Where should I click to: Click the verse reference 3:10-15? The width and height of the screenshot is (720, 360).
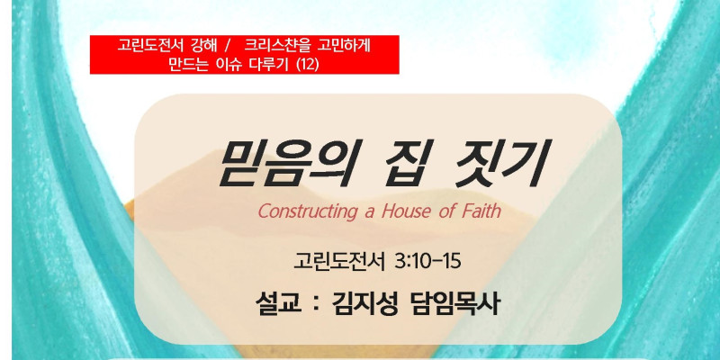(427, 262)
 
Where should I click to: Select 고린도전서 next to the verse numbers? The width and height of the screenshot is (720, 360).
(340, 262)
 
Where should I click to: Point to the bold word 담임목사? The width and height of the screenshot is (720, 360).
(454, 304)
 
